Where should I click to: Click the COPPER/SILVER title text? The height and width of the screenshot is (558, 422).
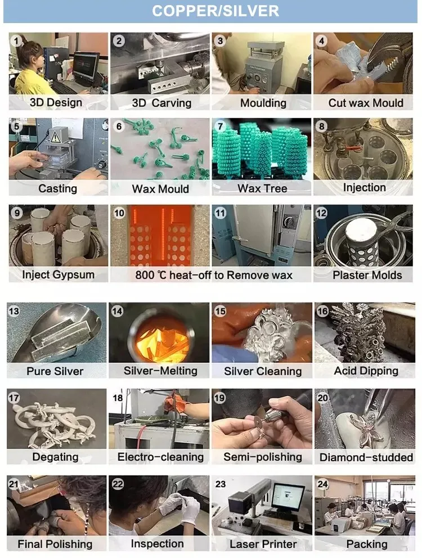215,11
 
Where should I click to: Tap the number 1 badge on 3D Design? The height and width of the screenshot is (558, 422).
16,41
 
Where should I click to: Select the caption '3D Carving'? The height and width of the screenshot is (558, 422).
161,103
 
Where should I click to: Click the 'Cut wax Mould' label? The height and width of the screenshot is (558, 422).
366,103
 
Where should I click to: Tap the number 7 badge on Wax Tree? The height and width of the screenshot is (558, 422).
221,127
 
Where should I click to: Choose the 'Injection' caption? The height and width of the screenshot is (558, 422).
364,187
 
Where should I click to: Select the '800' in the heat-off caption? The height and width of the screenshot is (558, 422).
145,275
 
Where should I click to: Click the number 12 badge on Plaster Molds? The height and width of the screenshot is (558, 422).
321,213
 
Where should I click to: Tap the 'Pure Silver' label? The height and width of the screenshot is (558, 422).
55,371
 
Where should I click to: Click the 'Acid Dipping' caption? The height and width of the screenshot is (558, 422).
366,371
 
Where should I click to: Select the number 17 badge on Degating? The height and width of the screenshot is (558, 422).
14,398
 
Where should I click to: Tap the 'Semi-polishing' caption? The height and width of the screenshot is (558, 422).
263,457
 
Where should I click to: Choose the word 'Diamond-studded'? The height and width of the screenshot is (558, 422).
366,457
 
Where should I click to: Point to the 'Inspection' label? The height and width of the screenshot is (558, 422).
157,544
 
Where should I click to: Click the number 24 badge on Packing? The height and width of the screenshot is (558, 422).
322,484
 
